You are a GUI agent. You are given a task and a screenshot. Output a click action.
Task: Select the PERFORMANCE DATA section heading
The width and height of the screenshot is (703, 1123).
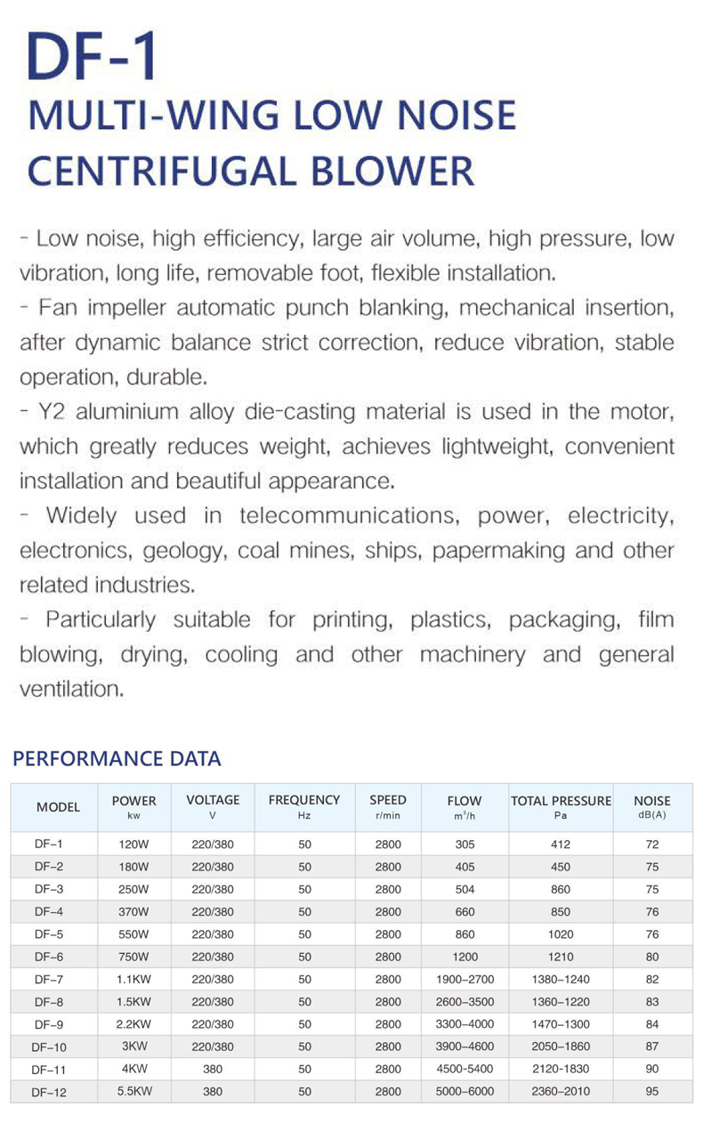[117, 759]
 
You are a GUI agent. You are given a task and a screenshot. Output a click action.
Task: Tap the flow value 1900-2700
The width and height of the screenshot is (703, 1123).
[465, 979]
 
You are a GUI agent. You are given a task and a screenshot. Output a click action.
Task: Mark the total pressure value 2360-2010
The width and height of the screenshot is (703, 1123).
[561, 1091]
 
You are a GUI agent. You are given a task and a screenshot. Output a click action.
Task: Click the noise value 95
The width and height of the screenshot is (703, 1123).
[652, 1091]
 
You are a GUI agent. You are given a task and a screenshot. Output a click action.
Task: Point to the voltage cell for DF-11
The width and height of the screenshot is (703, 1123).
[213, 1069]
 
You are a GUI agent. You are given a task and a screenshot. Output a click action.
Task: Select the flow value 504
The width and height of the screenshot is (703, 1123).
[465, 889]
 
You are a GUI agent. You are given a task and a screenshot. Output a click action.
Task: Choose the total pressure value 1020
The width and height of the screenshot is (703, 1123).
[561, 934]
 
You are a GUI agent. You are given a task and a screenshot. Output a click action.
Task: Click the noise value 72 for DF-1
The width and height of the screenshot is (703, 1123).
[652, 844]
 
